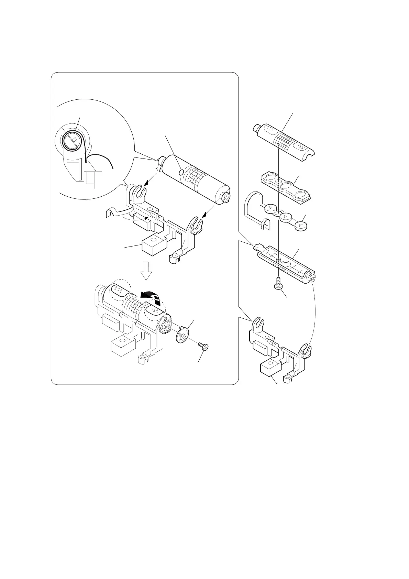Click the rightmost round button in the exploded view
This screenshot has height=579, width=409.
point(300,225)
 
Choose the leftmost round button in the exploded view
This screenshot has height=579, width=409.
point(270,208)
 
